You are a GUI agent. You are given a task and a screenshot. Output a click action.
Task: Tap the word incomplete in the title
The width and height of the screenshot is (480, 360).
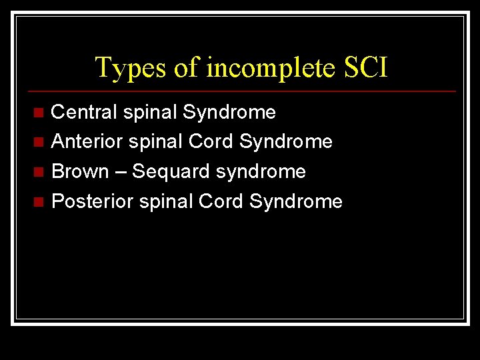tap(265, 68)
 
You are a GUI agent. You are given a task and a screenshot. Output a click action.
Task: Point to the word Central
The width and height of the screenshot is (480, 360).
tap(85, 112)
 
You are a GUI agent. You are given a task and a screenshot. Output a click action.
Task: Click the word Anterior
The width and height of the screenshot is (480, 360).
tap(86, 141)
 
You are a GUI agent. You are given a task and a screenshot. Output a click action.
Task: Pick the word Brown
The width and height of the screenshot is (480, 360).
tap(80, 171)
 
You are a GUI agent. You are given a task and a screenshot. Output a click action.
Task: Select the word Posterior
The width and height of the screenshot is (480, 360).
tap(92, 201)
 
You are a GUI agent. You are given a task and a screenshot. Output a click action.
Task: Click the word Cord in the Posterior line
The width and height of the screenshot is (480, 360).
tap(221, 201)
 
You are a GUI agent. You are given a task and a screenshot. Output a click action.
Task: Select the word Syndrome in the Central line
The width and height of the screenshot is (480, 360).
tap(229, 113)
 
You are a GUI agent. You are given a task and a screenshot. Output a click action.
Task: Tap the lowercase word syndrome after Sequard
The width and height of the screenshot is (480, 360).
tap(261, 172)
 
